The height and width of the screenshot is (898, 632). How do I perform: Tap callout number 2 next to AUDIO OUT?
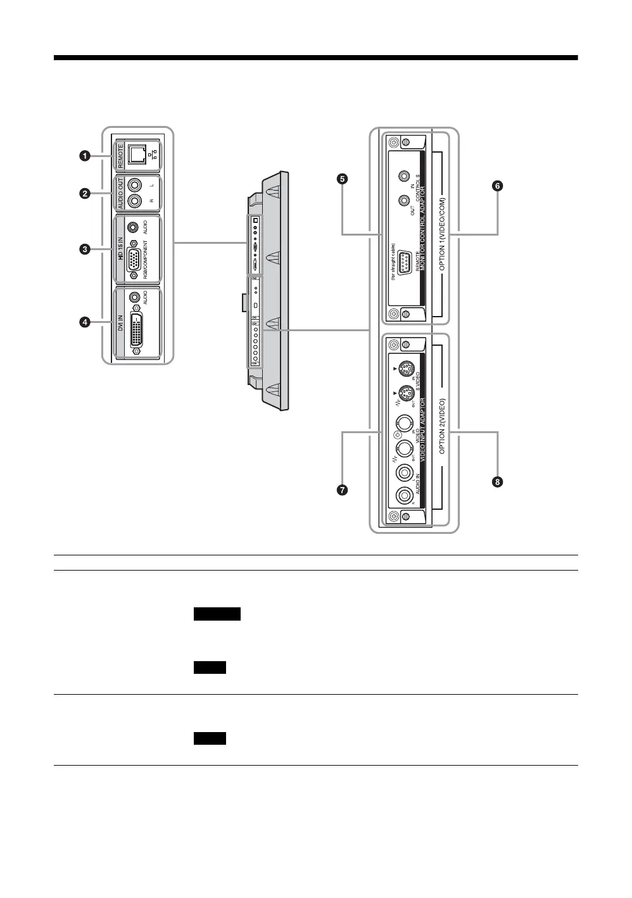click(x=84, y=194)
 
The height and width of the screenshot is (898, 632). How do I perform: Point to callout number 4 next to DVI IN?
click(x=84, y=322)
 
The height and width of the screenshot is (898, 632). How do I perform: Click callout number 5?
click(x=342, y=179)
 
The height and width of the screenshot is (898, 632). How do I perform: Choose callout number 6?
click(x=498, y=186)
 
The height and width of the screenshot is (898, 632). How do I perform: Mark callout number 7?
click(x=342, y=490)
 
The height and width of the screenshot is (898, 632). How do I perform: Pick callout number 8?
click(x=498, y=482)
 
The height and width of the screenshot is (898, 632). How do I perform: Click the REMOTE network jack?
click(x=136, y=154)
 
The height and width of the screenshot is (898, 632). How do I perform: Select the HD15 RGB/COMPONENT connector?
click(x=134, y=260)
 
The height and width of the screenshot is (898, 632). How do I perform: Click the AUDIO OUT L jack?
click(x=135, y=185)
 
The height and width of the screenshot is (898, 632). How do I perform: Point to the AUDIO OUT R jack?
click(x=135, y=201)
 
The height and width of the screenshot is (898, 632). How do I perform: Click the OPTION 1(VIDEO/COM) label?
click(x=442, y=234)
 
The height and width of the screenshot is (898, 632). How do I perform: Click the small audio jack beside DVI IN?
click(x=134, y=296)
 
